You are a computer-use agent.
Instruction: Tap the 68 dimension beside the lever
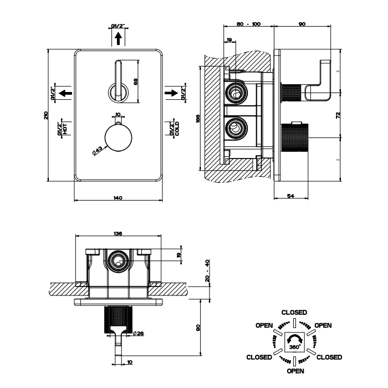tap(136, 81)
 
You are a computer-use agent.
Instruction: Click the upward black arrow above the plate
tap(118, 38)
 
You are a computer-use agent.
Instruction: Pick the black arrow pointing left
tap(65, 93)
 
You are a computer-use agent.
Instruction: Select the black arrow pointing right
tap(172, 93)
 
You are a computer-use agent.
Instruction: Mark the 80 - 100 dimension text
tap(248, 24)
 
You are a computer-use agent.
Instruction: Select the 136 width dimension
tap(118, 234)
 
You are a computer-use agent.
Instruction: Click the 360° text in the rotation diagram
tap(294, 346)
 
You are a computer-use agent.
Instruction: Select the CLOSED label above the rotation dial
tap(294, 313)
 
